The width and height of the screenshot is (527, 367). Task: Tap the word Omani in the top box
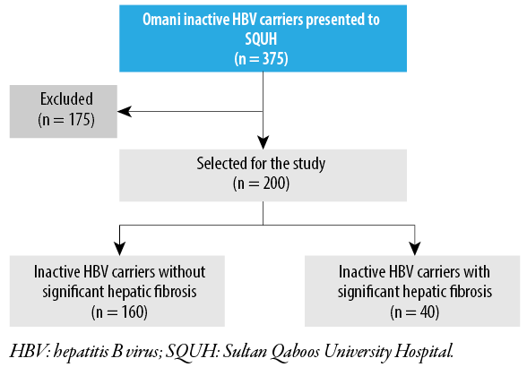(161, 20)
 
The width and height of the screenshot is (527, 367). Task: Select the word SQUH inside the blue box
(261, 39)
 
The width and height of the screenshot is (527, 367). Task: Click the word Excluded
(66, 98)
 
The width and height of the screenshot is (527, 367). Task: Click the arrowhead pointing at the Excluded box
(125, 112)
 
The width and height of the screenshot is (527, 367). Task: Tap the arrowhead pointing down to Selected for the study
(263, 142)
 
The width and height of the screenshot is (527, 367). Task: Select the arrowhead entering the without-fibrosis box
(119, 249)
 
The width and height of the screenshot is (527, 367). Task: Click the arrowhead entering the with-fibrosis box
(415, 249)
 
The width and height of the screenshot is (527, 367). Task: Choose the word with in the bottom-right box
(477, 271)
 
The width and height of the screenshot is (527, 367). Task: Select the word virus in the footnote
(143, 352)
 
